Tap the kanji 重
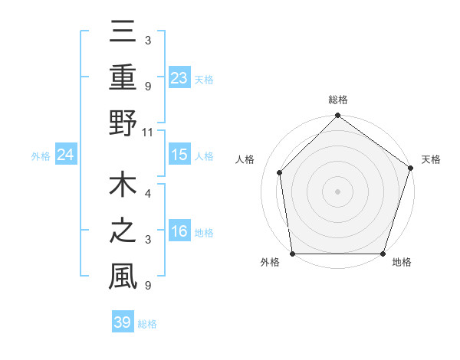click(x=123, y=79)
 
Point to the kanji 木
click(x=123, y=188)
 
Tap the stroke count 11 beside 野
click(x=148, y=132)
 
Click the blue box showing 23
click(x=179, y=78)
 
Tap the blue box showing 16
click(x=179, y=232)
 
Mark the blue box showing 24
click(x=66, y=155)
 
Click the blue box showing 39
click(x=122, y=322)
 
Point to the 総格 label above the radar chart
click(x=337, y=100)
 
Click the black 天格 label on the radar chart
click(x=431, y=159)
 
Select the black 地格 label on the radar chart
click(x=402, y=262)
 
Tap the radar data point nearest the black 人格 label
click(x=280, y=172)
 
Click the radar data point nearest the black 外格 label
click(x=293, y=254)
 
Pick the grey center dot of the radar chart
click(x=337, y=191)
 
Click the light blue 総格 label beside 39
click(x=148, y=324)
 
